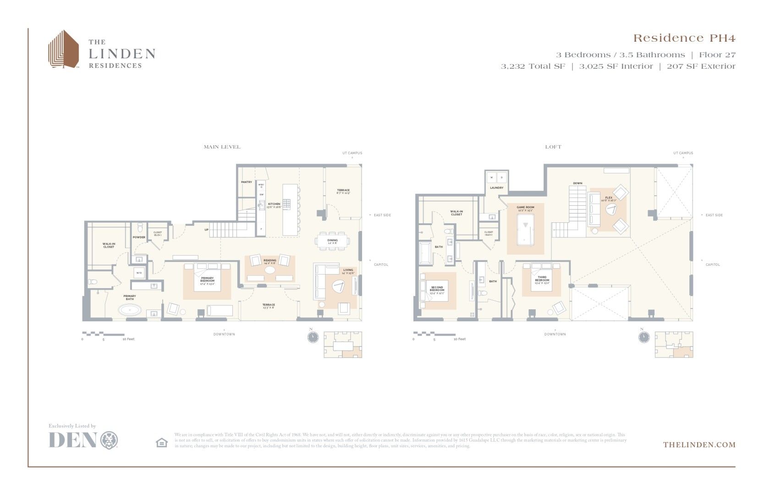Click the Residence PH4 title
[x=684, y=38]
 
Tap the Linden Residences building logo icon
[x=64, y=49]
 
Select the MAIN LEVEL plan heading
[x=222, y=147]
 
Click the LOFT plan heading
[x=553, y=147]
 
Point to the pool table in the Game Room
[x=525, y=228]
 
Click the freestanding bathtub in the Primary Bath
[x=131, y=310]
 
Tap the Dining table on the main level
[x=332, y=241]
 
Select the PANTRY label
[x=247, y=182]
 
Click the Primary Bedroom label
[x=207, y=279]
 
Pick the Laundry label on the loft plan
[x=496, y=187]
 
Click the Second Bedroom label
[x=437, y=289]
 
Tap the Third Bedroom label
[x=542, y=278]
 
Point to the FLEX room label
[x=608, y=198]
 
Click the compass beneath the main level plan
[x=313, y=337]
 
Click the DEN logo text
[x=72, y=440]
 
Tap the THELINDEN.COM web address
[x=699, y=445]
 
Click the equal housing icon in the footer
[x=162, y=443]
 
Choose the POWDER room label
[x=139, y=237]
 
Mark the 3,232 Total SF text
[x=533, y=66]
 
